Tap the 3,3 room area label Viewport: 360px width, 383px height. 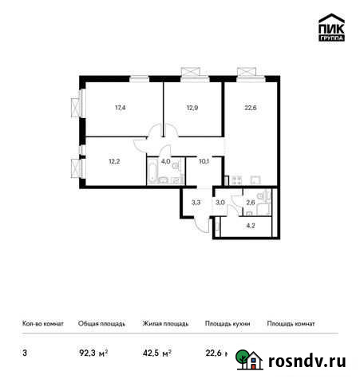point(196,202)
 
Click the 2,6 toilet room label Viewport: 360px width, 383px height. point(250,202)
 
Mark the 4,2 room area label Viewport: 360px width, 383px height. point(250,225)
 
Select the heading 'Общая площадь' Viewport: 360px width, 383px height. point(101,324)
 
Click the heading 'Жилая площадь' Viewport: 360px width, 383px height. point(166,324)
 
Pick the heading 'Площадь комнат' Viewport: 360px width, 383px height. point(291,324)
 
